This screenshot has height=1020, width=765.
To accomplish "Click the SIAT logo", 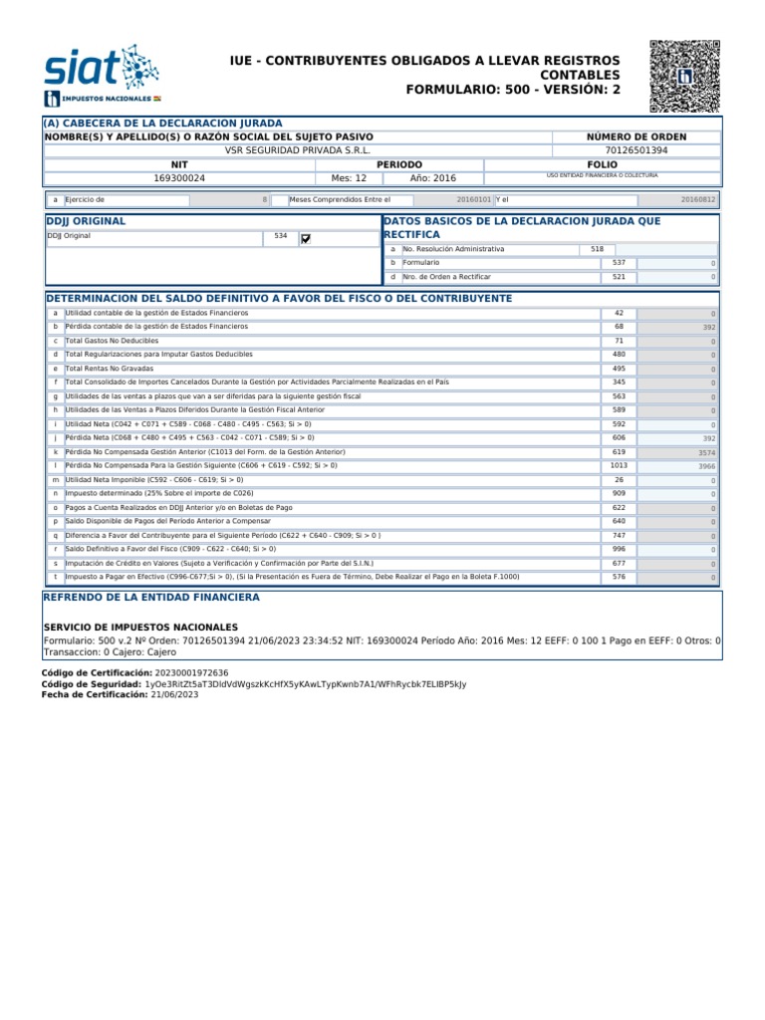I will tap(101, 74).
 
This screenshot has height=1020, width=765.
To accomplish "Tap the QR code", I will tap(684, 76).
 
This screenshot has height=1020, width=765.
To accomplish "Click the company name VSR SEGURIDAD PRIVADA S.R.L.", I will tap(298, 149).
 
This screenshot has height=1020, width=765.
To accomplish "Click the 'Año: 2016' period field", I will tap(432, 177).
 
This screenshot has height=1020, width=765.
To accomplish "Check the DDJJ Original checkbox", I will tap(306, 238).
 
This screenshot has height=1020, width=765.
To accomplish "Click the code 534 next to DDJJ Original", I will tap(280, 237).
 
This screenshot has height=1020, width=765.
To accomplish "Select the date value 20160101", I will tap(474, 199).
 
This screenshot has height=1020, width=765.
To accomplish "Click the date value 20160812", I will tap(697, 199).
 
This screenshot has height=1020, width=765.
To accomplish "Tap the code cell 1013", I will tap(619, 465).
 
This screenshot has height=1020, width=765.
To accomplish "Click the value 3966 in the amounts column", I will tap(706, 465).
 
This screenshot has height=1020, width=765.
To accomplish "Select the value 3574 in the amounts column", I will tap(706, 451).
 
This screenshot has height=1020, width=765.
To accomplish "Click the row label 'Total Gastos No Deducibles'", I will tap(106, 341).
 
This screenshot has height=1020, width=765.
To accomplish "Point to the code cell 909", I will tap(619, 493).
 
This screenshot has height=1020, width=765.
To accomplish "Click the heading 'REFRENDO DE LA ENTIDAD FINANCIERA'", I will tap(150, 597).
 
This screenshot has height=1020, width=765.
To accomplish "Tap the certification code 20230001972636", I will tap(178, 673).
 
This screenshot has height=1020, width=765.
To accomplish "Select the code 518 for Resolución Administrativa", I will tap(597, 248).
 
